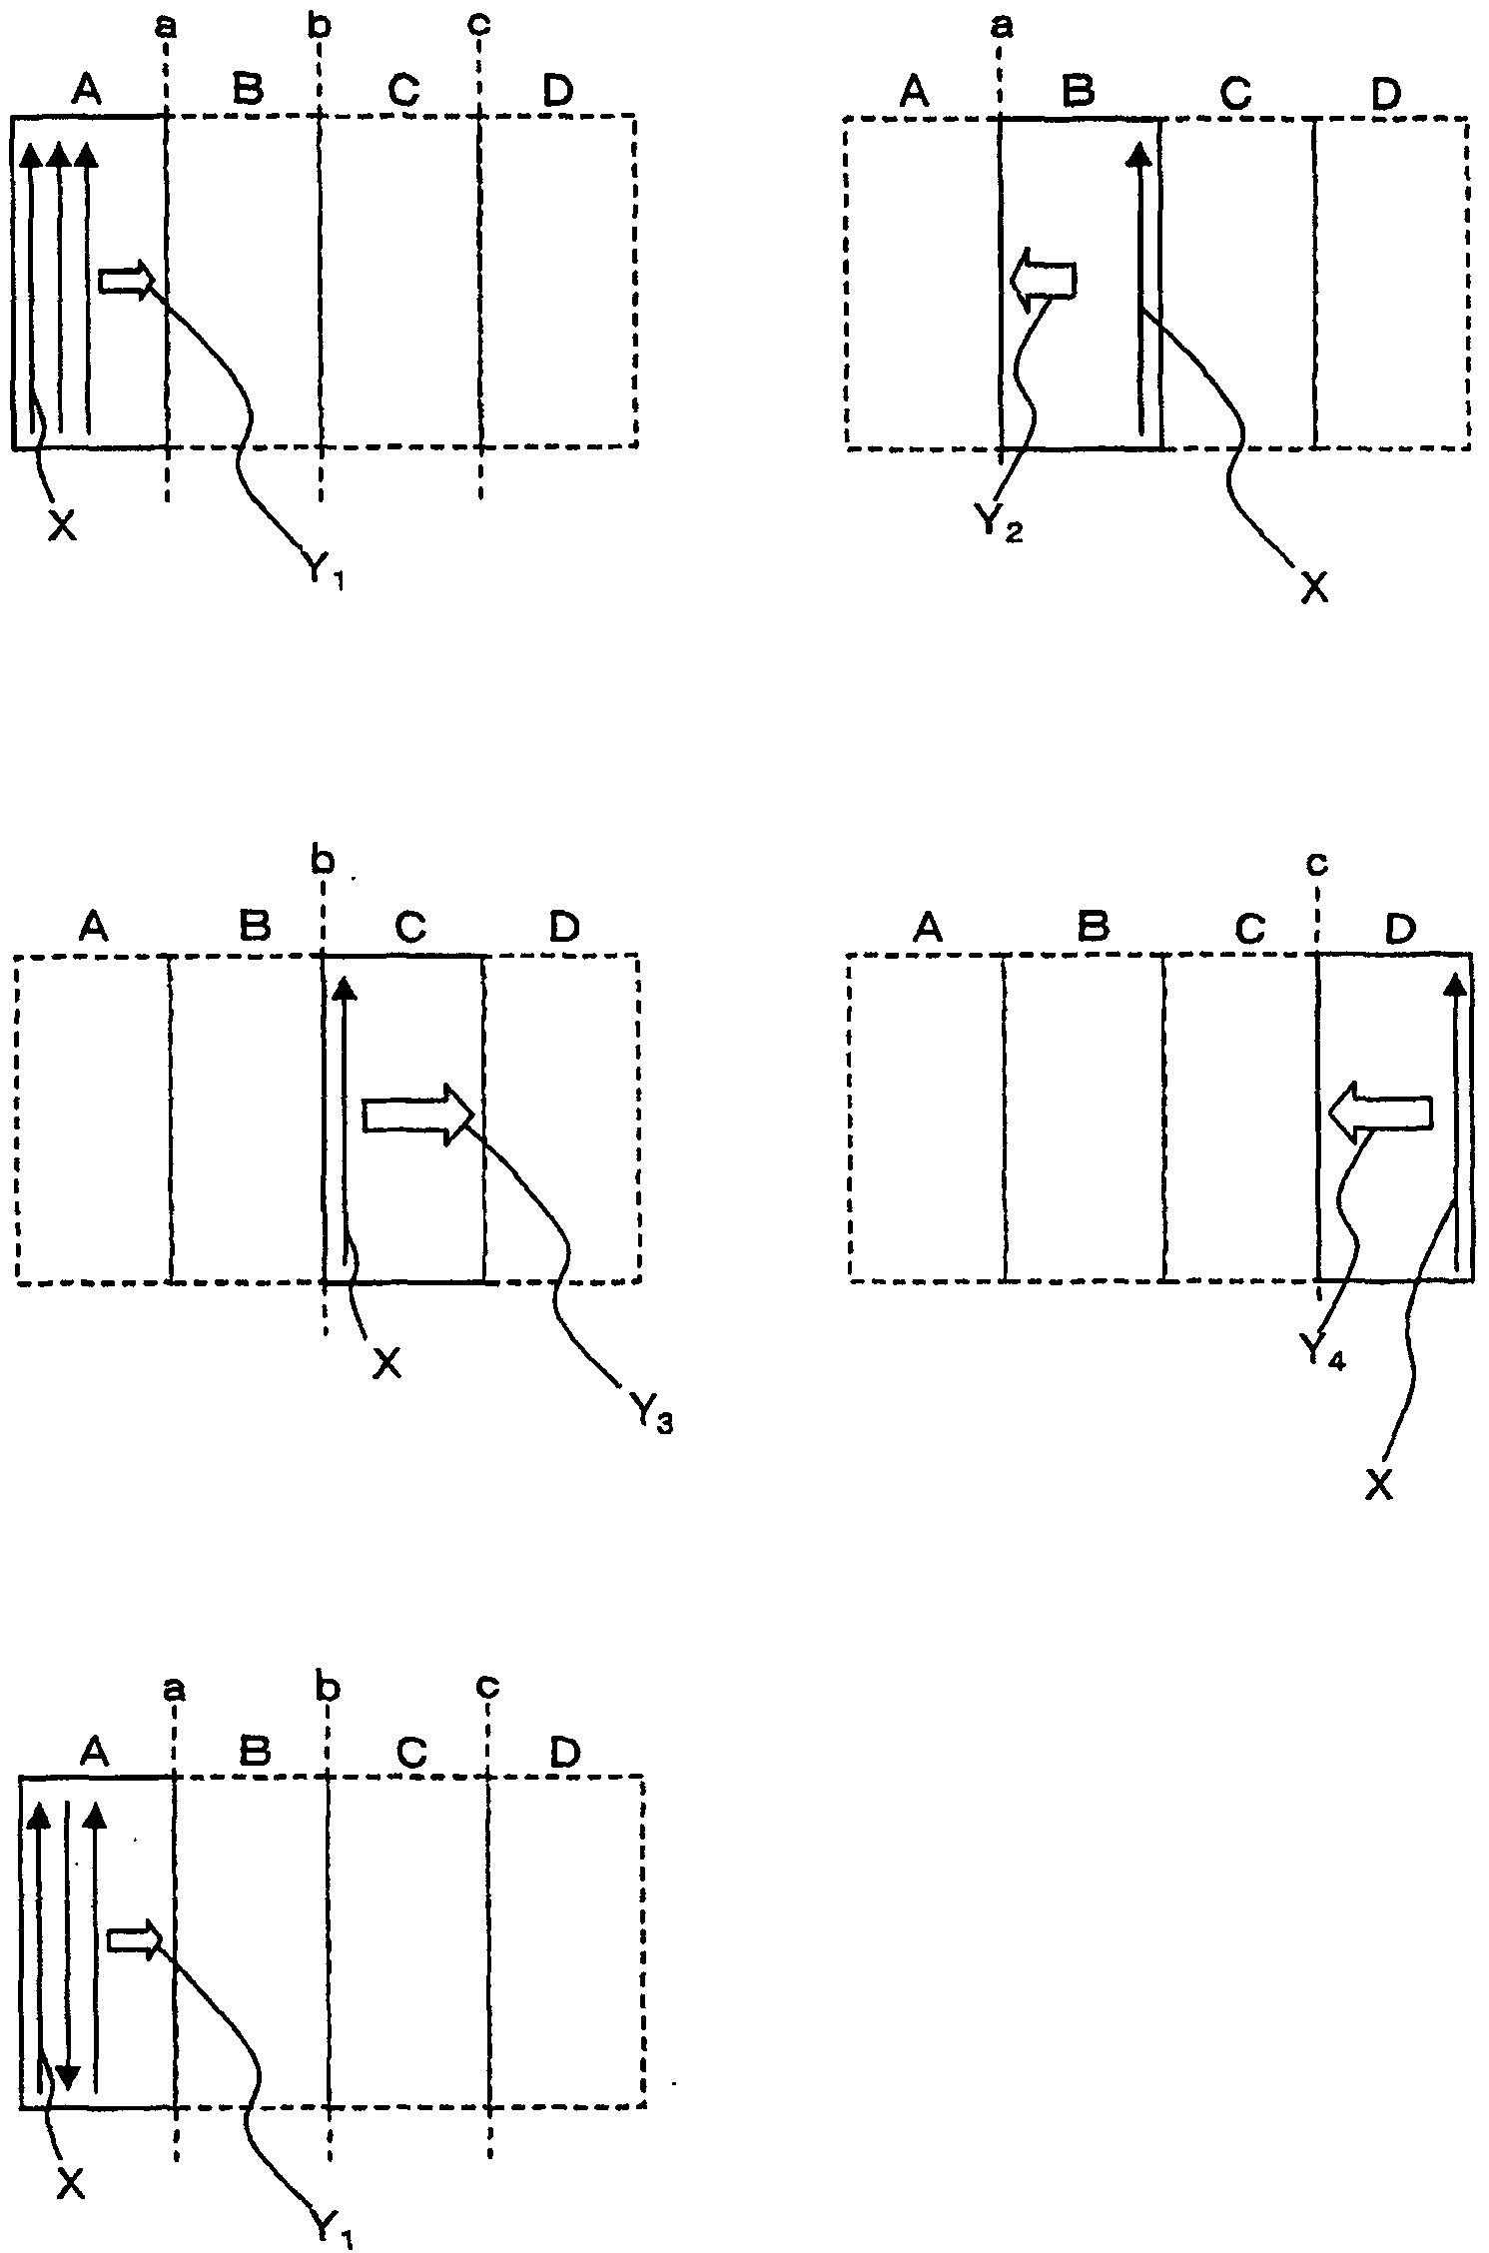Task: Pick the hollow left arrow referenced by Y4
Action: click(x=1378, y=1113)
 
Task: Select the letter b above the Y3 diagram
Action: click(x=321, y=861)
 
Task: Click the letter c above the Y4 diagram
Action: click(x=1317, y=863)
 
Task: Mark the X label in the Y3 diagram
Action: click(x=386, y=1363)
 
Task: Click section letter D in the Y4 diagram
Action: click(x=1400, y=930)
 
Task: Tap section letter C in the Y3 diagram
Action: click(x=410, y=928)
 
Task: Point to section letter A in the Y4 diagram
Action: click(x=928, y=929)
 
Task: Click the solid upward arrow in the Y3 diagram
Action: click(x=345, y=1119)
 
